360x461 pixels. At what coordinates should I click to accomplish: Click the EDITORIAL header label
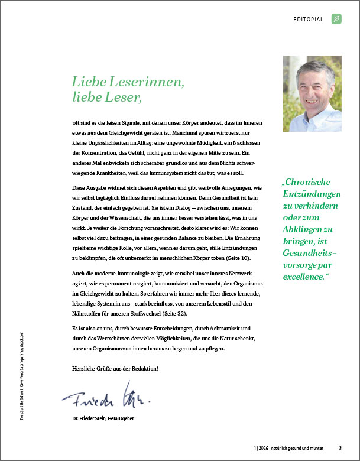[x=309, y=19]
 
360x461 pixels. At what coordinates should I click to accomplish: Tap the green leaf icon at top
[x=337, y=19]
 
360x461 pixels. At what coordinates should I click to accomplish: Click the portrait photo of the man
[x=312, y=86]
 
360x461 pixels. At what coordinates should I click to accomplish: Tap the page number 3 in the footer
[x=340, y=447]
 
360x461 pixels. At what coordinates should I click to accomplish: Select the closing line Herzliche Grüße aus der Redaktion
[x=114, y=368]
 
